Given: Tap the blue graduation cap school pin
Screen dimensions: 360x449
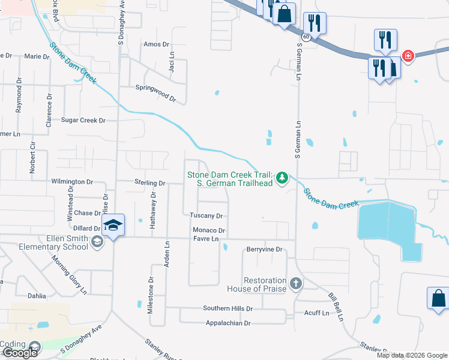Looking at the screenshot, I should coord(113,226).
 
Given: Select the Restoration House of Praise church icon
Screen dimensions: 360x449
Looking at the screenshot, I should coord(295,283).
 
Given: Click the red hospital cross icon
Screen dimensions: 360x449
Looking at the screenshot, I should coord(408,56).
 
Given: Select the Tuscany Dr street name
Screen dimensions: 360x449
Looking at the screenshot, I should coord(206,216).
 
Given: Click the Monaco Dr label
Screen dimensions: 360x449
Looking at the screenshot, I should coord(208,230).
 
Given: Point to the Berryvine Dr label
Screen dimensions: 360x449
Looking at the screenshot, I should coord(264,249).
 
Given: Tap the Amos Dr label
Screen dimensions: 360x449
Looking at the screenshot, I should coord(157,44).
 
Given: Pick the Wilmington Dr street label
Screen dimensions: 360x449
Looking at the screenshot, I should coord(72,181).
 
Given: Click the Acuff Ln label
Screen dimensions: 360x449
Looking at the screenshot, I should coord(316,313).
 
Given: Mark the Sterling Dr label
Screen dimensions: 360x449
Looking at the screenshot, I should coord(150,183).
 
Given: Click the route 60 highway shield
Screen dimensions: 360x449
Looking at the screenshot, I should coord(306,37).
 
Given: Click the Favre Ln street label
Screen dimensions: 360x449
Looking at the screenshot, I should coord(206,239).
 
